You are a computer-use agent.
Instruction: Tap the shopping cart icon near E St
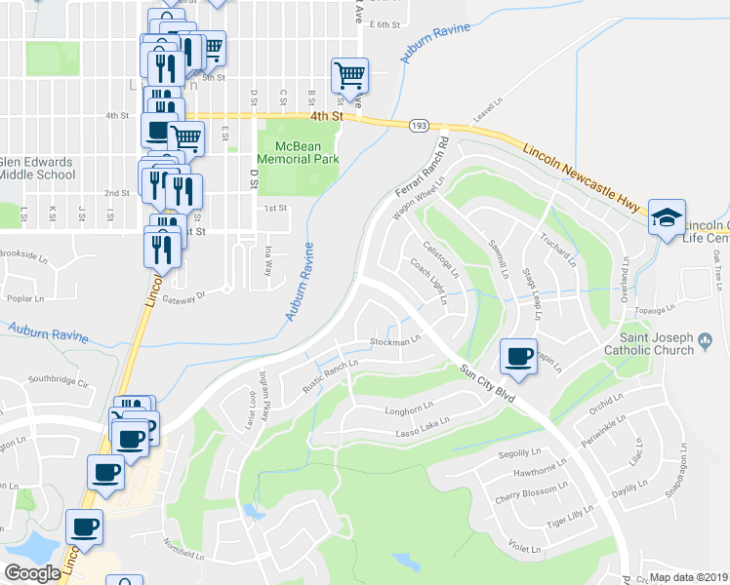coord(186,137)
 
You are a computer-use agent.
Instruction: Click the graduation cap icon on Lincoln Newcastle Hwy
coord(667,215)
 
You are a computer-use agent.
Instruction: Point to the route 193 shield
coord(419,125)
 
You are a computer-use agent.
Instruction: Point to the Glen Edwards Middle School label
coord(37,168)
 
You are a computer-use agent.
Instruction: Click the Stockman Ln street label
coord(394,341)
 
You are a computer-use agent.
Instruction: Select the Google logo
coord(32,573)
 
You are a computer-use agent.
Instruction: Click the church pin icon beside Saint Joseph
coord(708,341)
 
